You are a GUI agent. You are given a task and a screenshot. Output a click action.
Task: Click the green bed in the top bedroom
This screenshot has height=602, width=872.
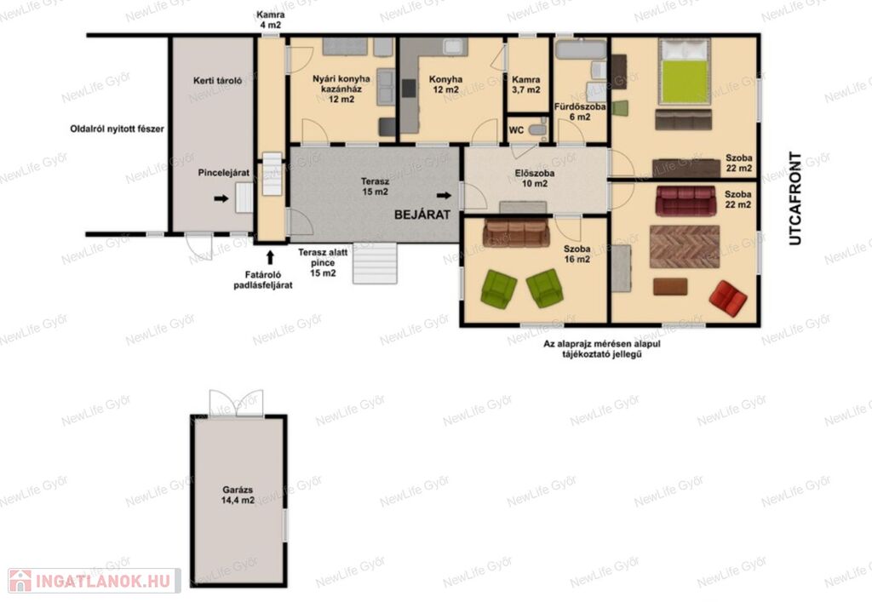tap(684, 72)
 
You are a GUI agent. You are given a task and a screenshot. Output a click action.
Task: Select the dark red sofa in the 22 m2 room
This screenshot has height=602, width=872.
tap(686, 201)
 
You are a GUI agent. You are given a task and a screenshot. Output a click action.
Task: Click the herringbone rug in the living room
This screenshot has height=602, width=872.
tap(685, 246)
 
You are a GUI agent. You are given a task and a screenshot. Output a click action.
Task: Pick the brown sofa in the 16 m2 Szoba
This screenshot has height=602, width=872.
tap(517, 232)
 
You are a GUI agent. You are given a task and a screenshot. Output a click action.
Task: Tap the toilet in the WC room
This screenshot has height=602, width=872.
tap(538, 129)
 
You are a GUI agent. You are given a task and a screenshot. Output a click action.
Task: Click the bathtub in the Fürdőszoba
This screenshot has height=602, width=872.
tap(580, 49)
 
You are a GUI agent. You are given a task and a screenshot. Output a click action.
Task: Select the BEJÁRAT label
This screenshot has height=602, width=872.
tap(422, 215)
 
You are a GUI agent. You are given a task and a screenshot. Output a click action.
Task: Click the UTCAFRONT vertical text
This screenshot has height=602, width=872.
tap(795, 198)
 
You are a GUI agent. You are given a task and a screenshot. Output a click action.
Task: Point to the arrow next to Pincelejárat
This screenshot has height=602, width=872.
tap(221, 198)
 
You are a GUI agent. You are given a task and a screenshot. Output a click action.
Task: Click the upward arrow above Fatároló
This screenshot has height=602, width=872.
tap(270, 257)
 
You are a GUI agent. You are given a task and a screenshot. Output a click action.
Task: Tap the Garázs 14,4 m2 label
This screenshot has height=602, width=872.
tap(238, 495)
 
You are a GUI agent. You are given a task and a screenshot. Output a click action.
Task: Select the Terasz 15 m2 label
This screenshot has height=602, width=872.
tap(375, 186)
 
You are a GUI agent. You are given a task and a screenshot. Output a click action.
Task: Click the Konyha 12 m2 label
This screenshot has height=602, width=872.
tap(445, 84)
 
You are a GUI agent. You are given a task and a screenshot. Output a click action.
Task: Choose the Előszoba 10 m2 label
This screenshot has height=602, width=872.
tap(535, 178)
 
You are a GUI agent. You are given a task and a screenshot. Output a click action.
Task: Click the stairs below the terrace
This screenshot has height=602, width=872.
tap(375, 263)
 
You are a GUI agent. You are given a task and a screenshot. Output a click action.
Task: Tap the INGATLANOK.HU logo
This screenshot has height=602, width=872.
tap(95, 581)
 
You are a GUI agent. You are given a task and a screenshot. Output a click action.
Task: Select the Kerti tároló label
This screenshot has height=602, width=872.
tap(217, 81)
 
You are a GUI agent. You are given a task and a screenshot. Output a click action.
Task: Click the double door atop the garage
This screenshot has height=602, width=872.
tap(236, 404)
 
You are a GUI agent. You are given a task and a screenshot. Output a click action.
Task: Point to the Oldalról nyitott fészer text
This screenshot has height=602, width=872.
tap(117, 129)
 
